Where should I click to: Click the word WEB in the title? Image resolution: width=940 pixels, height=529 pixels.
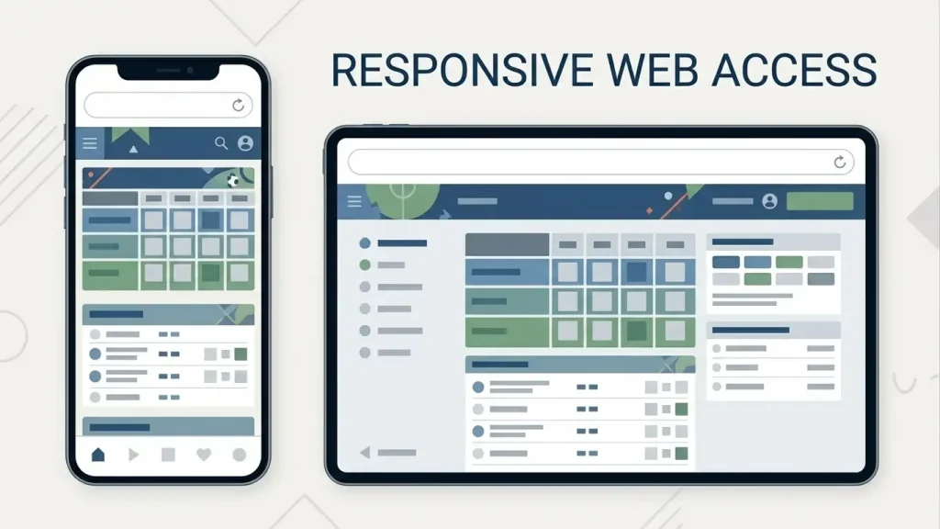653,70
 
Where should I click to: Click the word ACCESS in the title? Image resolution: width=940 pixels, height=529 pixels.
794,70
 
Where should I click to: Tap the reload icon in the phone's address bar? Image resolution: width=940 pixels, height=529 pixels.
238,106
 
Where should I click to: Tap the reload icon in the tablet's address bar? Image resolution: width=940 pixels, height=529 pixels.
840,162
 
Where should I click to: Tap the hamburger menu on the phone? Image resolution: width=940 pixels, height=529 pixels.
90,142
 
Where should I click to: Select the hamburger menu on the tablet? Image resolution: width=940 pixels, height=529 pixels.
354,201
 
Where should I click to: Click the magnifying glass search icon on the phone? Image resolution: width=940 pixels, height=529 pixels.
221,142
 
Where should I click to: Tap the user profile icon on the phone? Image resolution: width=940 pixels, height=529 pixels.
245,142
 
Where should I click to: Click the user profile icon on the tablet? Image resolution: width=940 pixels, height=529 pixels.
770,201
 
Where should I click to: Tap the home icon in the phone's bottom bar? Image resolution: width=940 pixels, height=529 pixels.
98,455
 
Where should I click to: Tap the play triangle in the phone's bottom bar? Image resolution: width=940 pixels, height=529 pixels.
134,455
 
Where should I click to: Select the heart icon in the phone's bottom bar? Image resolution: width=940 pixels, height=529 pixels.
204,455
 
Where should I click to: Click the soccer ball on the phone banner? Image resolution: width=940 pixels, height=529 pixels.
232,180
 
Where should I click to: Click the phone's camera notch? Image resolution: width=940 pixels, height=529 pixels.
169,71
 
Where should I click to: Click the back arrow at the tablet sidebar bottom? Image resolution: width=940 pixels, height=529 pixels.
365,453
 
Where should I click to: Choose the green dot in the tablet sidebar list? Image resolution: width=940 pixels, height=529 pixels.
364,264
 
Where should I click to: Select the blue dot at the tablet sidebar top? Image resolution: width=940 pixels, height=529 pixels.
364,242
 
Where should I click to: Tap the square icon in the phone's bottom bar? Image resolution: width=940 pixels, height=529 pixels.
169,455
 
